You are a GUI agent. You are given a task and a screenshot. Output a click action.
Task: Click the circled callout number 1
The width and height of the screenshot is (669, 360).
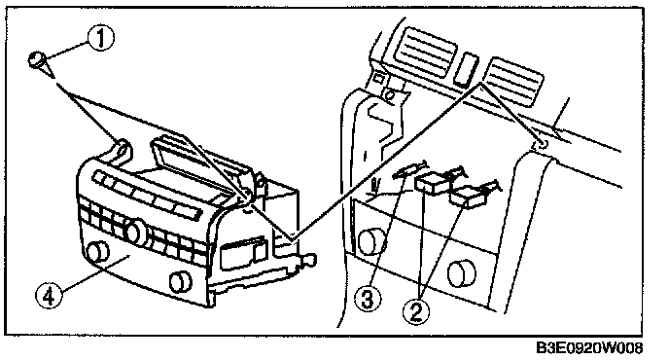click(101, 38)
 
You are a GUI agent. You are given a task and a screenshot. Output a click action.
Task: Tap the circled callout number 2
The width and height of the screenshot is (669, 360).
click(417, 311)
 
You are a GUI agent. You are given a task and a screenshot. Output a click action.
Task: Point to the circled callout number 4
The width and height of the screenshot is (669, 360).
click(49, 296)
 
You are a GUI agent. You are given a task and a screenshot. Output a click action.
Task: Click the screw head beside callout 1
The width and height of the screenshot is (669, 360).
click(38, 59)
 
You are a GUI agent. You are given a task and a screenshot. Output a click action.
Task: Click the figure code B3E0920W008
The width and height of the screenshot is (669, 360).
click(589, 348)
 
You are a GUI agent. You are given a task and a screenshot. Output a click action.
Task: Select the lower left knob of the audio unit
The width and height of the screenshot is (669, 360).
click(97, 251)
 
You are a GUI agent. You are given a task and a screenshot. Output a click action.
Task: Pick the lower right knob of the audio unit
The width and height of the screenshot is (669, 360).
click(181, 282)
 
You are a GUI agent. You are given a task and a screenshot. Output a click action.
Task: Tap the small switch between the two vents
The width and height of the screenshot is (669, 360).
click(466, 68)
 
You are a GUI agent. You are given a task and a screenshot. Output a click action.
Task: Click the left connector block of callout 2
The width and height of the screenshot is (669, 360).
click(431, 182)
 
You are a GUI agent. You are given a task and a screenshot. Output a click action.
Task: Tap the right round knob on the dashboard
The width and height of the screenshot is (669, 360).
click(461, 272)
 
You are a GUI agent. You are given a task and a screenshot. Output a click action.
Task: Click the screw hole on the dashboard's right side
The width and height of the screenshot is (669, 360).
click(542, 144)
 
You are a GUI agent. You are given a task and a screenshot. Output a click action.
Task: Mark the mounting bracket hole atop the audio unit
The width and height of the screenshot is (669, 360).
click(122, 150)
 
